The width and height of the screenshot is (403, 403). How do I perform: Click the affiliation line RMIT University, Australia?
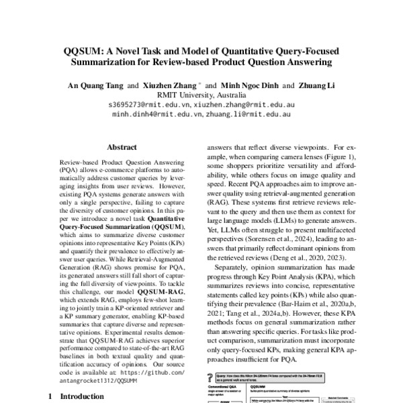point(201,95)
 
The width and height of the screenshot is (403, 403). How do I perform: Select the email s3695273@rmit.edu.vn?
point(149,105)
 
